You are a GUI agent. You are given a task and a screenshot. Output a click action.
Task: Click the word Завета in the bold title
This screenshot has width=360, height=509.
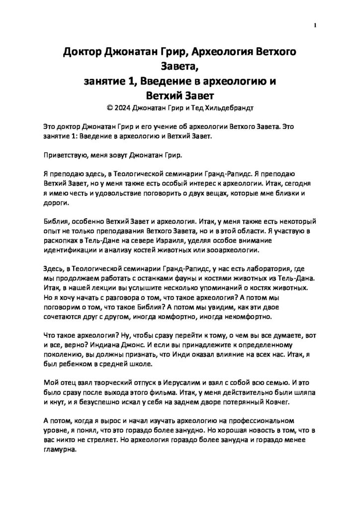click(x=180, y=66)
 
